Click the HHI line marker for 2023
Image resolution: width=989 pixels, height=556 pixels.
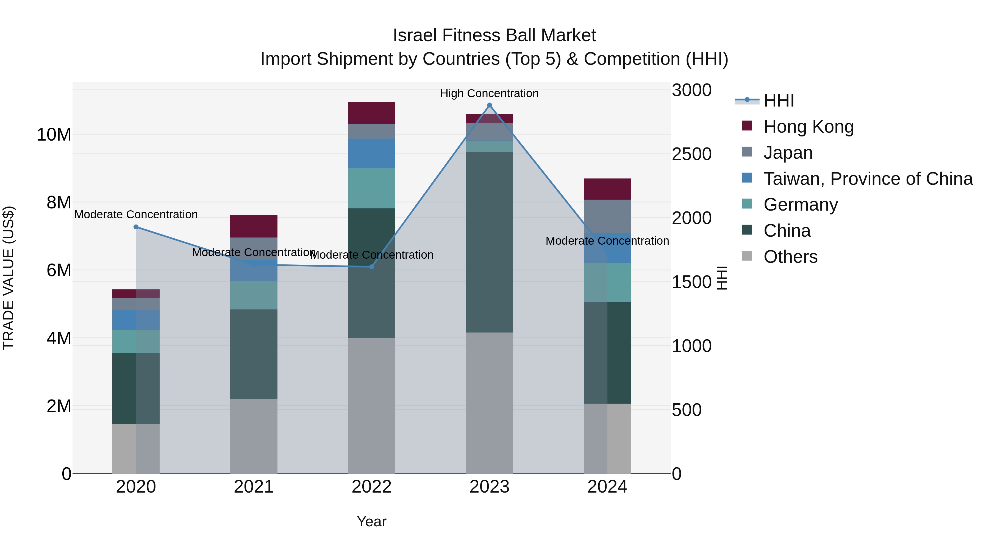click(489, 105)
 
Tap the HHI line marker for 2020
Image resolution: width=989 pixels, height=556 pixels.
click(136, 227)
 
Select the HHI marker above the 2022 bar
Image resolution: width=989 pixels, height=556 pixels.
click(371, 267)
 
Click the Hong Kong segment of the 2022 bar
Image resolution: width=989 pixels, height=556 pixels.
click(371, 113)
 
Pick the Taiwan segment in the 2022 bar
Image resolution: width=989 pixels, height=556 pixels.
click(371, 153)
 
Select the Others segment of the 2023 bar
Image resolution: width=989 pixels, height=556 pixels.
click(489, 403)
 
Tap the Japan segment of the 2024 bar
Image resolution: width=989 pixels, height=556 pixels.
click(607, 216)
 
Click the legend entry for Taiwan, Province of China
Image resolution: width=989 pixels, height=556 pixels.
click(868, 179)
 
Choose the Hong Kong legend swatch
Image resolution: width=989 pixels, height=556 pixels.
click(747, 126)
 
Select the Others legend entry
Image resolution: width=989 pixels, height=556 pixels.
click(790, 257)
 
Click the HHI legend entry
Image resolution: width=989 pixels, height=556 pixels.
click(779, 100)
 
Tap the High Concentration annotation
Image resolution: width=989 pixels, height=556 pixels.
click(489, 93)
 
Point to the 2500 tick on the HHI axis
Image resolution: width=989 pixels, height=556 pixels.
click(691, 154)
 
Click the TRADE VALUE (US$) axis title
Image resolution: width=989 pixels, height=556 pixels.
click(9, 278)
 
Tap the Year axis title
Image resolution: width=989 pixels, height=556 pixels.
click(371, 521)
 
